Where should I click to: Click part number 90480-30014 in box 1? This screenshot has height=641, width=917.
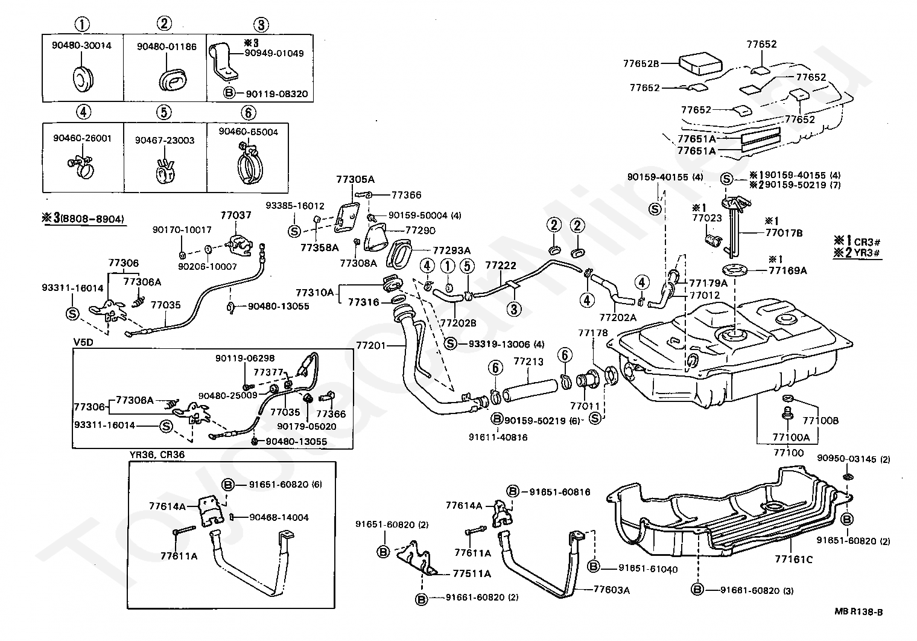(x=81, y=45)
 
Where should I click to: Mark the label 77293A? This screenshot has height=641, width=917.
(x=451, y=250)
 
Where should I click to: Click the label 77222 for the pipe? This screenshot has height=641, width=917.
(x=500, y=265)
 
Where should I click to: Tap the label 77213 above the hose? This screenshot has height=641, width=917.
(x=528, y=362)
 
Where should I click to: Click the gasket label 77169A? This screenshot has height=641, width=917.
(x=787, y=270)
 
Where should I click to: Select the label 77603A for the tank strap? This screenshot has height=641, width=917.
(x=611, y=590)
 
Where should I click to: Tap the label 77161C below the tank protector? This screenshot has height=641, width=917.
(x=793, y=560)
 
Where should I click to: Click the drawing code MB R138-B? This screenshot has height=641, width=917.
(x=859, y=612)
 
